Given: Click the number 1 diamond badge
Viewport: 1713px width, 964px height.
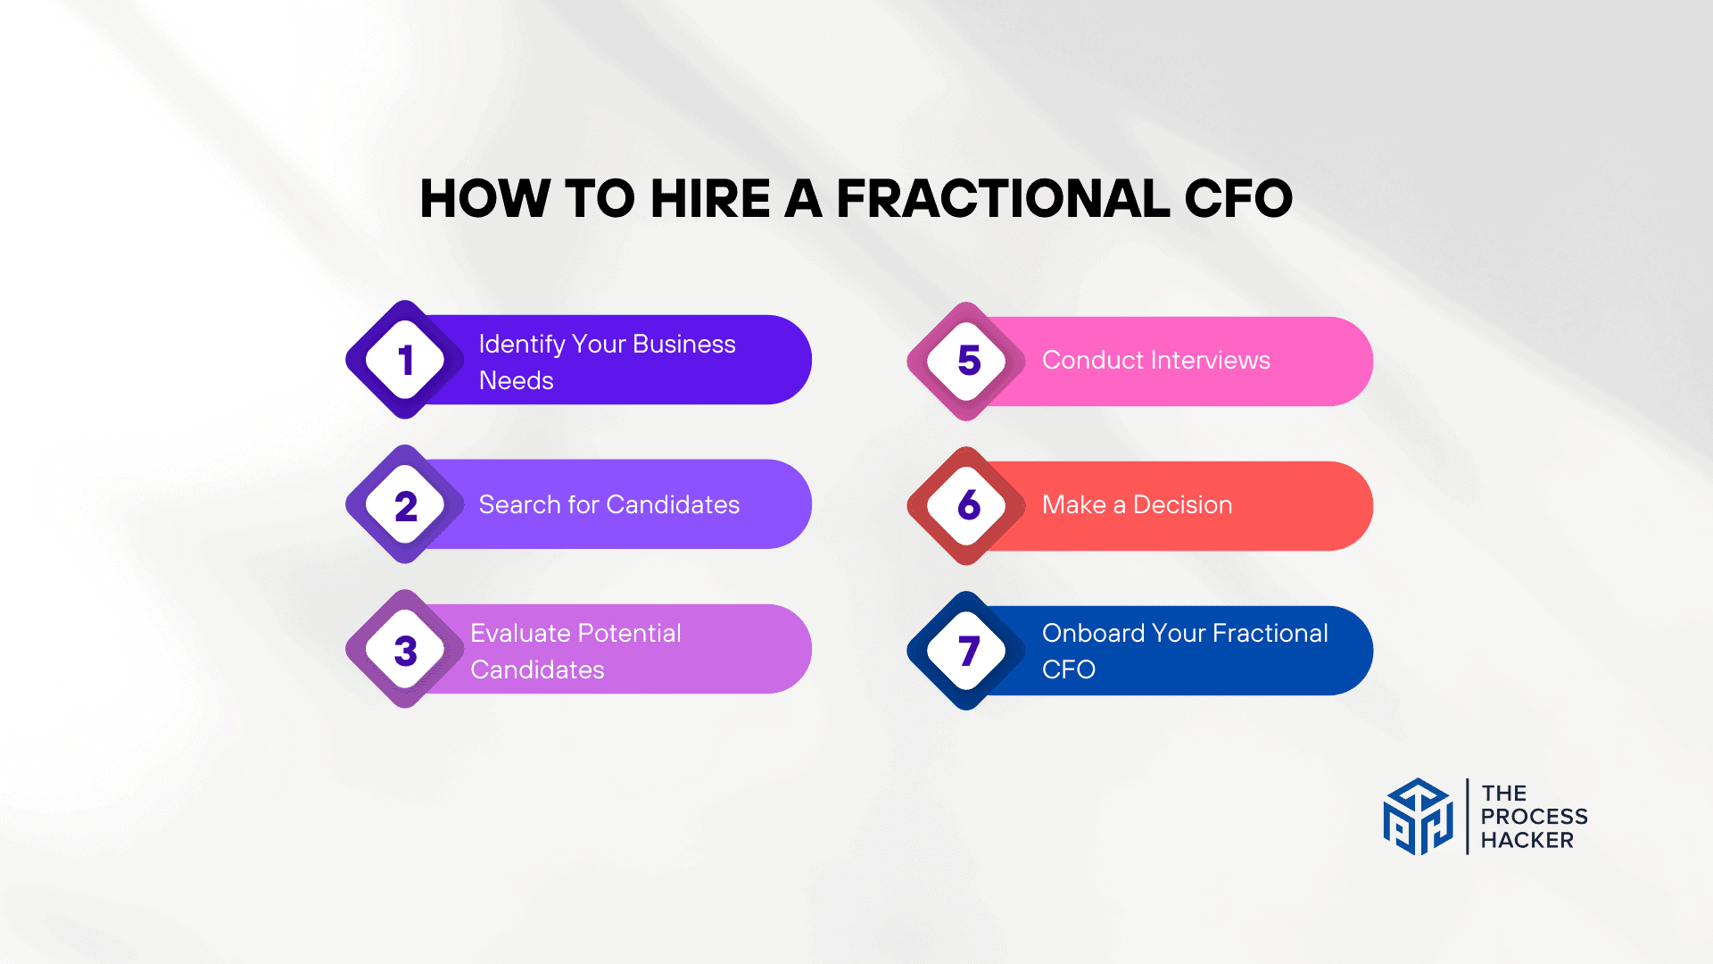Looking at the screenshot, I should coord(405,360).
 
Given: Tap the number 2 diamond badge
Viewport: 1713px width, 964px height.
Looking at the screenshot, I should coord(405,505).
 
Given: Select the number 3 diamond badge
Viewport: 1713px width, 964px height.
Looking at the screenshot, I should coord(405,650).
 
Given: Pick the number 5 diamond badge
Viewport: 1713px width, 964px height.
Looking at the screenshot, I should coord(968,361).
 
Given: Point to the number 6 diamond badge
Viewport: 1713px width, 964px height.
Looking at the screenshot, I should coord(968,505).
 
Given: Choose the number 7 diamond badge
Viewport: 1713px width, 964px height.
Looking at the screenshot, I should coord(968,651).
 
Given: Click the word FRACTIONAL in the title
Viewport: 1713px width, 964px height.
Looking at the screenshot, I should coord(1003,198).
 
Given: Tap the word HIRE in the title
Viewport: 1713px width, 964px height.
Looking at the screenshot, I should coord(710,198).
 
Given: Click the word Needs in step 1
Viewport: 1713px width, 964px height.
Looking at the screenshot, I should coord(516,381).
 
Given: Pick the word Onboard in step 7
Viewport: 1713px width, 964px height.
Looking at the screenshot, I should coord(1092,633).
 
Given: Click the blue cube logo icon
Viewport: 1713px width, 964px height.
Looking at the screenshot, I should coord(1418,817).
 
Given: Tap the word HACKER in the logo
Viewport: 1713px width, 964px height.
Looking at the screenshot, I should coord(1527,840).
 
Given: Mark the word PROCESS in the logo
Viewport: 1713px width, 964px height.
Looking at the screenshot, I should coord(1534,817).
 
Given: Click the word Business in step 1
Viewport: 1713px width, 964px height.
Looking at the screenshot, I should coord(684,344).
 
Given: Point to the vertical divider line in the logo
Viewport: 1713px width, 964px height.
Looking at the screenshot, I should coord(1468,817).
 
